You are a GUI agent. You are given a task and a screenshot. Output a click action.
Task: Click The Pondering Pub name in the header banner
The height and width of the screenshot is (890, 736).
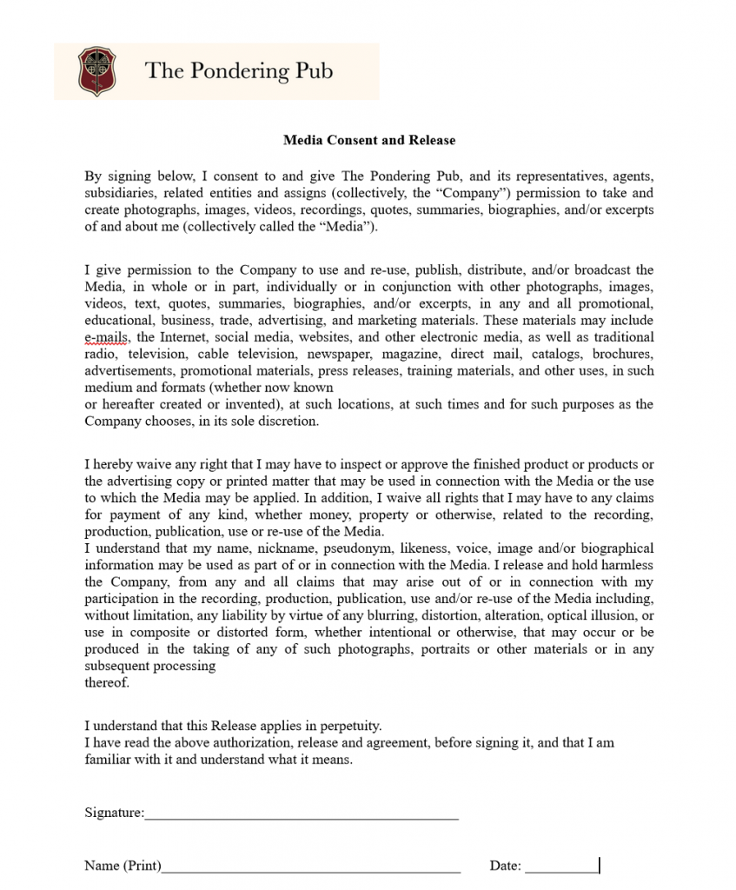pyautogui.click(x=238, y=70)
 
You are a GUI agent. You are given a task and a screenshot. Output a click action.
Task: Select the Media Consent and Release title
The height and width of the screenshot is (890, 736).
pyautogui.click(x=368, y=140)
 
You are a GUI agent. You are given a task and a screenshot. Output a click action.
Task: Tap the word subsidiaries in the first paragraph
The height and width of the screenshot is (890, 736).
pyautogui.click(x=117, y=193)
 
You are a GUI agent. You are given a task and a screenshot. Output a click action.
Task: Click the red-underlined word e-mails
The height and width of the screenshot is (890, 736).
pyautogui.click(x=107, y=337)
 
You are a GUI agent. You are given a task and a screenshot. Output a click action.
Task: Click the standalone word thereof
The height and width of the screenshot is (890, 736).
pyautogui.click(x=107, y=683)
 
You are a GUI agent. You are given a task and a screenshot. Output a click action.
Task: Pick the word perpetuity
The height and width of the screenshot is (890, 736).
pyautogui.click(x=348, y=726)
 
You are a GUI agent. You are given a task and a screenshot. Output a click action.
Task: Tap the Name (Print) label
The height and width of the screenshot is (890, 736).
pyautogui.click(x=123, y=866)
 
